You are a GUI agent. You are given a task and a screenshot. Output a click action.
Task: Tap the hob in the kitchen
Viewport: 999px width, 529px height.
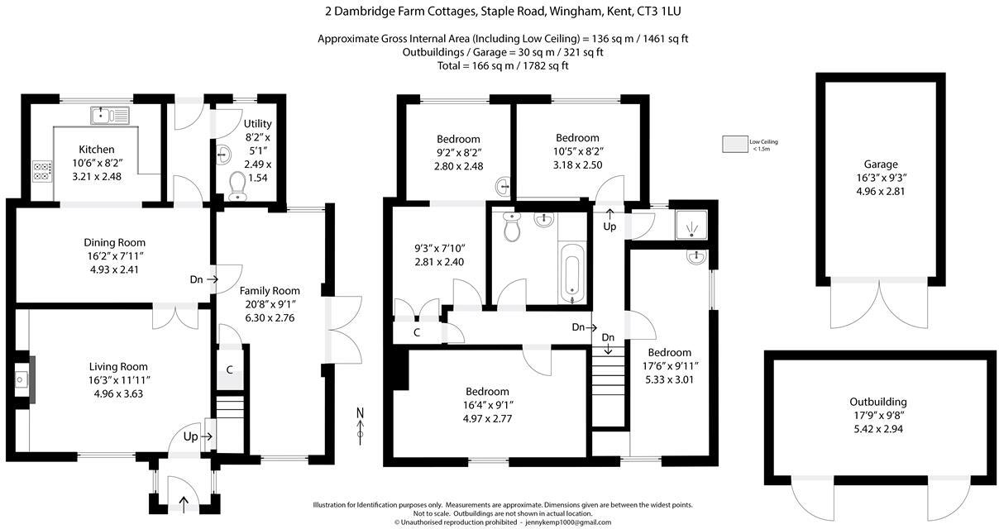41,171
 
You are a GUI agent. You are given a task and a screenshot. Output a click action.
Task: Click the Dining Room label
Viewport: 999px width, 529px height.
114,242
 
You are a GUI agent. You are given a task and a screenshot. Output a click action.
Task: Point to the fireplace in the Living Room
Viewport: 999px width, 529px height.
23,379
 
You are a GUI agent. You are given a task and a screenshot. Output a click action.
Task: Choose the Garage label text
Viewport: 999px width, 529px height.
881,164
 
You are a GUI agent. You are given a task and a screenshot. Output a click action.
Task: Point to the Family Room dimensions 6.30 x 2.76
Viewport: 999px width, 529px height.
270,317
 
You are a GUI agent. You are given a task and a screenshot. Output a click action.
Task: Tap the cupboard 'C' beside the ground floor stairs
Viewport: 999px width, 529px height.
229,369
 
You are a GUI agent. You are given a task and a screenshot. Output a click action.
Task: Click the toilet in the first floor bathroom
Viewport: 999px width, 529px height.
511,228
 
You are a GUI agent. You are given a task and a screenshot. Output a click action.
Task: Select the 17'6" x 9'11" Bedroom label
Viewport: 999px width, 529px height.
669,366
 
